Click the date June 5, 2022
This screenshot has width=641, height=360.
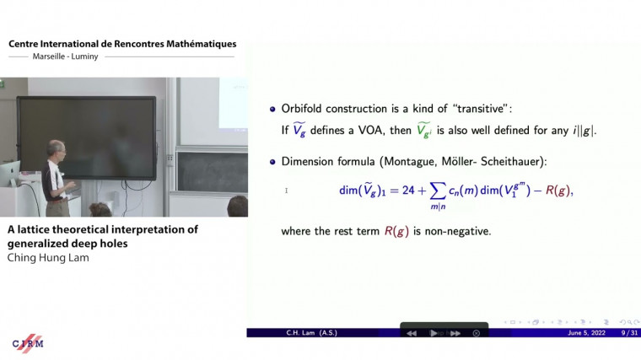[x=587, y=333]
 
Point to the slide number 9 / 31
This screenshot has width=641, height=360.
[x=628, y=333]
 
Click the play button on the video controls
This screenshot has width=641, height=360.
[x=434, y=333]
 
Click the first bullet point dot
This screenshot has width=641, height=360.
[x=272, y=110]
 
